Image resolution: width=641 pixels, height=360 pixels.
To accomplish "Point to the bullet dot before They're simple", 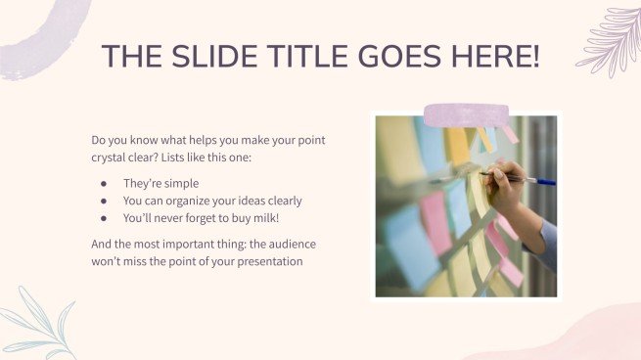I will coord(103,183).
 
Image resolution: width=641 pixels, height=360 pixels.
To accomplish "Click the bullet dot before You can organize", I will coord(103,201).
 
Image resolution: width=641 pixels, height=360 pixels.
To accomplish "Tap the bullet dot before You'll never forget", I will coord(103,218).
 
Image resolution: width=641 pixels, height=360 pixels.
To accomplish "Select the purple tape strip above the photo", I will coord(465,115).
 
